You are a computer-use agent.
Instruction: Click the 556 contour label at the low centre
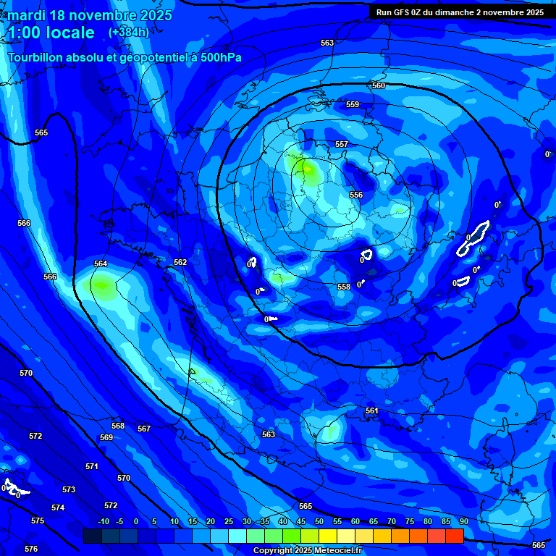[x=356, y=195]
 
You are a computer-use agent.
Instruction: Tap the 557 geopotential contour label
[x=342, y=145]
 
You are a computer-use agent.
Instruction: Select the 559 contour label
[x=353, y=105]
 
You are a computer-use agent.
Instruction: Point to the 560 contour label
[x=379, y=86]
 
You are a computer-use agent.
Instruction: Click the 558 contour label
[x=344, y=287]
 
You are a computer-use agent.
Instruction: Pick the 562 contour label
[x=180, y=263]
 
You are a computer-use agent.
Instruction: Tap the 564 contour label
[x=101, y=264]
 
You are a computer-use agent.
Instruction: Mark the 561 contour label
[x=372, y=411]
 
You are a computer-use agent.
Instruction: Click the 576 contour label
[x=31, y=549]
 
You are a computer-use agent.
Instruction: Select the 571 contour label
[x=92, y=467]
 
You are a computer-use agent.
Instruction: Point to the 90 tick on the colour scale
[x=463, y=521]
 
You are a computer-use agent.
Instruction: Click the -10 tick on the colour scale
[x=103, y=521]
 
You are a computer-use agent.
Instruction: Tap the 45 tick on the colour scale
[x=301, y=521]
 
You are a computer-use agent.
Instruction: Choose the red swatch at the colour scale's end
[x=454, y=536]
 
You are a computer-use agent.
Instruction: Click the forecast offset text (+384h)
[x=128, y=33]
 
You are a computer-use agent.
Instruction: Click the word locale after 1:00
[x=68, y=33]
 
